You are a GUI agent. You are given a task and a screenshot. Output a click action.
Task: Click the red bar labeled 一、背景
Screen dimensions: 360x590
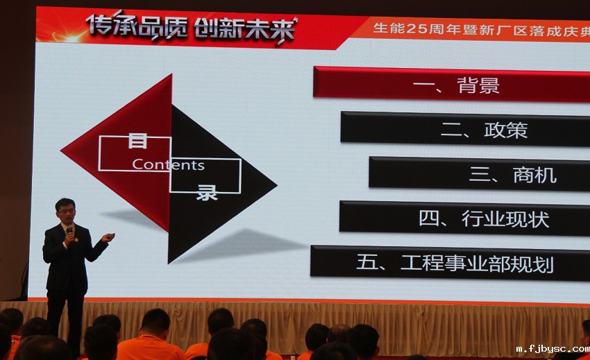pos(451,84)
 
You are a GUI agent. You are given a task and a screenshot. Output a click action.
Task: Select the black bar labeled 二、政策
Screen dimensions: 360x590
pos(465,129)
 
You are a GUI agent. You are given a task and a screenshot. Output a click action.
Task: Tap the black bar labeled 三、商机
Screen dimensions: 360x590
pos(479,174)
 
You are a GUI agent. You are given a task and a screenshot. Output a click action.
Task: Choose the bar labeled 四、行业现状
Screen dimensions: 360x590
pos(464,218)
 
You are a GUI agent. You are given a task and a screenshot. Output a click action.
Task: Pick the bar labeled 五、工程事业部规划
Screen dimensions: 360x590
pos(450,263)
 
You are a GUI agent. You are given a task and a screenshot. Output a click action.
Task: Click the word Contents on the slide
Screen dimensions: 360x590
pos(168,165)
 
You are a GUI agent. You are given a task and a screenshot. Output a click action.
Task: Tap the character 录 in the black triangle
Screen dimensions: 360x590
pos(206,191)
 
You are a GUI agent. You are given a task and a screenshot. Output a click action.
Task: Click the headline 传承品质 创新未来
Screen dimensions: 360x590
pos(192,28)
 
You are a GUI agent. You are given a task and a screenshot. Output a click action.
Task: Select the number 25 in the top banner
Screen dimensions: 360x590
pos(423,28)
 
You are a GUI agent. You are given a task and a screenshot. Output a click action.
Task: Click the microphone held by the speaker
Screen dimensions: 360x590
pos(69,232)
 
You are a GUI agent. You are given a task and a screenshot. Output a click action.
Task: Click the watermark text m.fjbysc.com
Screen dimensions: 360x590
pos(551,350)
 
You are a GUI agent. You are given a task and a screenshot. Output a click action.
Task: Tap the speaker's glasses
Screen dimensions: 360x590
pos(66,209)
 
